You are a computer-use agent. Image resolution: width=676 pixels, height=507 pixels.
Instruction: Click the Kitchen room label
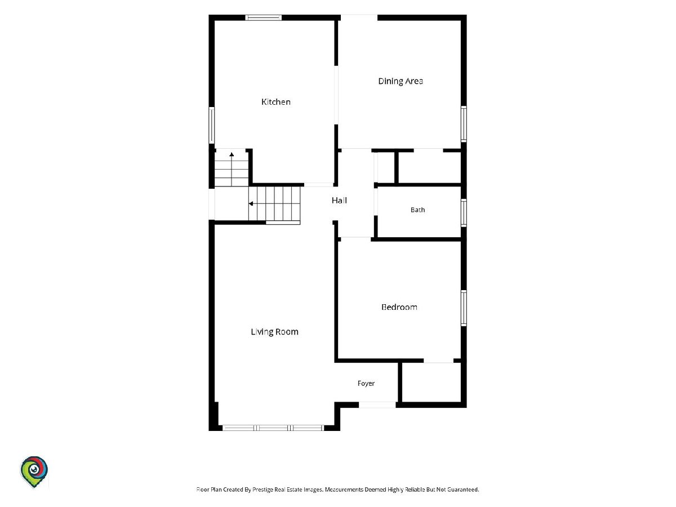275,102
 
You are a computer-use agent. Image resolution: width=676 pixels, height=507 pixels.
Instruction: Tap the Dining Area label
401,81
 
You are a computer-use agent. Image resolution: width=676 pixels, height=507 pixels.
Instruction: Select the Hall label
339,201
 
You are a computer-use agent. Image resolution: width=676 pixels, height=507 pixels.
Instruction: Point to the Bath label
417,210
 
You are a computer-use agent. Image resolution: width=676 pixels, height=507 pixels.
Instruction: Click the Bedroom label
399,307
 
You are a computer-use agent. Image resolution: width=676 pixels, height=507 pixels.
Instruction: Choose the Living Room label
274,332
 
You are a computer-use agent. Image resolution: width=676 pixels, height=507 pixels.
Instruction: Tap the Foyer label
366,384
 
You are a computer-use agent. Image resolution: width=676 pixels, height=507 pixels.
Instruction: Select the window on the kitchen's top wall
263,17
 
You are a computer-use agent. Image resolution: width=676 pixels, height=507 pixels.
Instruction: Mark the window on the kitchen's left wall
212,125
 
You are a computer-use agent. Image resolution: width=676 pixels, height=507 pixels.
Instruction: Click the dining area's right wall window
464,124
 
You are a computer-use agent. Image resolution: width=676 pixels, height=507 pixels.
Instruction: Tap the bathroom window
464,213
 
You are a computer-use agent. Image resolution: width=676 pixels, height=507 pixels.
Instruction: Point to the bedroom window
464,308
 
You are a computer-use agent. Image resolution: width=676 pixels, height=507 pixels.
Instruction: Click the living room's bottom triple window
273,428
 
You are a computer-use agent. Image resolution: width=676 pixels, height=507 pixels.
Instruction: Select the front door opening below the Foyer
377,405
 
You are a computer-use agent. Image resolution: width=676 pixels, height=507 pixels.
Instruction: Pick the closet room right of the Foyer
432,382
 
